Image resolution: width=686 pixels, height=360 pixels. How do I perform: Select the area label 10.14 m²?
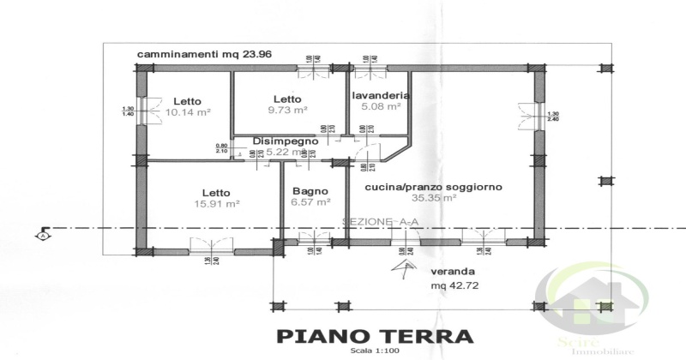189,112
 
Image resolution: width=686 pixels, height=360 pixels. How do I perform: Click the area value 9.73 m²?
286,111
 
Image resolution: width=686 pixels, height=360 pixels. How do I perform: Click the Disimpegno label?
286,141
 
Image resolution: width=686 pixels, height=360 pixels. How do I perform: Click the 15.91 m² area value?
215,204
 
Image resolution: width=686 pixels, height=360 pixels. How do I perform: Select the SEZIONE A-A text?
381,222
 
